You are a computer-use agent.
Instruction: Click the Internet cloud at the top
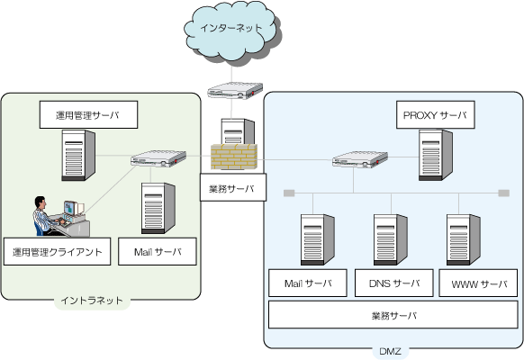pyautogui.click(x=232, y=31)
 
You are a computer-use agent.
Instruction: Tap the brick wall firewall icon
pyautogui.click(x=234, y=157)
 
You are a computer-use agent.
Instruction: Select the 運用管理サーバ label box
pyautogui.click(x=88, y=114)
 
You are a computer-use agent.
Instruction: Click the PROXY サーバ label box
pyautogui.click(x=436, y=114)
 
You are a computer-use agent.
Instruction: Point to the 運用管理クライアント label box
pyautogui.click(x=57, y=251)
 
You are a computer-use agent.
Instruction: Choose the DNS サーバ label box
pyautogui.click(x=394, y=283)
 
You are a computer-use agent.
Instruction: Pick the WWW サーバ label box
pyautogui.click(x=478, y=283)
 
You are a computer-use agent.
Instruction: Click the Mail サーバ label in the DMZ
pyautogui.click(x=308, y=283)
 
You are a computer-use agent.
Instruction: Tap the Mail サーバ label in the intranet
pyautogui.click(x=158, y=251)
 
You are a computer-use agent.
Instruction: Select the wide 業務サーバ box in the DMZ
pyautogui.click(x=393, y=315)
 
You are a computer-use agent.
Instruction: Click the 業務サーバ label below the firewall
pyautogui.click(x=233, y=187)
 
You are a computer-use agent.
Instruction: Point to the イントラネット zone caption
pyautogui.click(x=92, y=301)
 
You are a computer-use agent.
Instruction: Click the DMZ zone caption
pyautogui.click(x=391, y=351)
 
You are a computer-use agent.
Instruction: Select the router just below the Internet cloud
pyautogui.click(x=235, y=91)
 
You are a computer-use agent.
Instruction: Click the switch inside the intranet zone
pyautogui.click(x=158, y=158)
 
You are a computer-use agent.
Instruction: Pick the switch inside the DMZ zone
pyautogui.click(x=360, y=159)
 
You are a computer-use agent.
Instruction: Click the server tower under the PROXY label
pyautogui.click(x=436, y=156)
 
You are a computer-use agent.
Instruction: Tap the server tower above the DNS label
pyautogui.click(x=391, y=239)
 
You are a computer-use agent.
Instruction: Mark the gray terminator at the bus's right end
pyautogui.click(x=503, y=193)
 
